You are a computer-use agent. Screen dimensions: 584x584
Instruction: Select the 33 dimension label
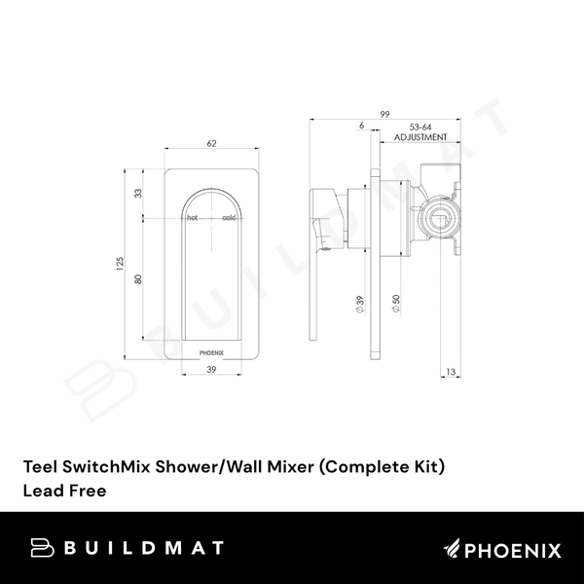point(138,194)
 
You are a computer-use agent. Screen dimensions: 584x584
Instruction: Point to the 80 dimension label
point(138,278)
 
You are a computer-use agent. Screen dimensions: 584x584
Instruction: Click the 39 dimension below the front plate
point(212,371)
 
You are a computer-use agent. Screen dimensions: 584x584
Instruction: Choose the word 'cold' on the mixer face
point(229,218)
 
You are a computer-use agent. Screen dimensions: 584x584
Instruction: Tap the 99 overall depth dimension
point(385,115)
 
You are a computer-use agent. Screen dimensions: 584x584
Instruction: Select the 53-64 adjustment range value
point(421,127)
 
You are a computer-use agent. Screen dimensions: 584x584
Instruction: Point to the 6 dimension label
point(361,127)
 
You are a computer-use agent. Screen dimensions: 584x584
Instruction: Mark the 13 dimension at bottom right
point(450,371)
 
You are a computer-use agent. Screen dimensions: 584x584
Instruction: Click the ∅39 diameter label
point(360,305)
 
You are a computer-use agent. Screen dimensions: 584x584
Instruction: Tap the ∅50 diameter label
point(395,305)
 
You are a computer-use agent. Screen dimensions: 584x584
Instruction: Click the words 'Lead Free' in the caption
point(64,491)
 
